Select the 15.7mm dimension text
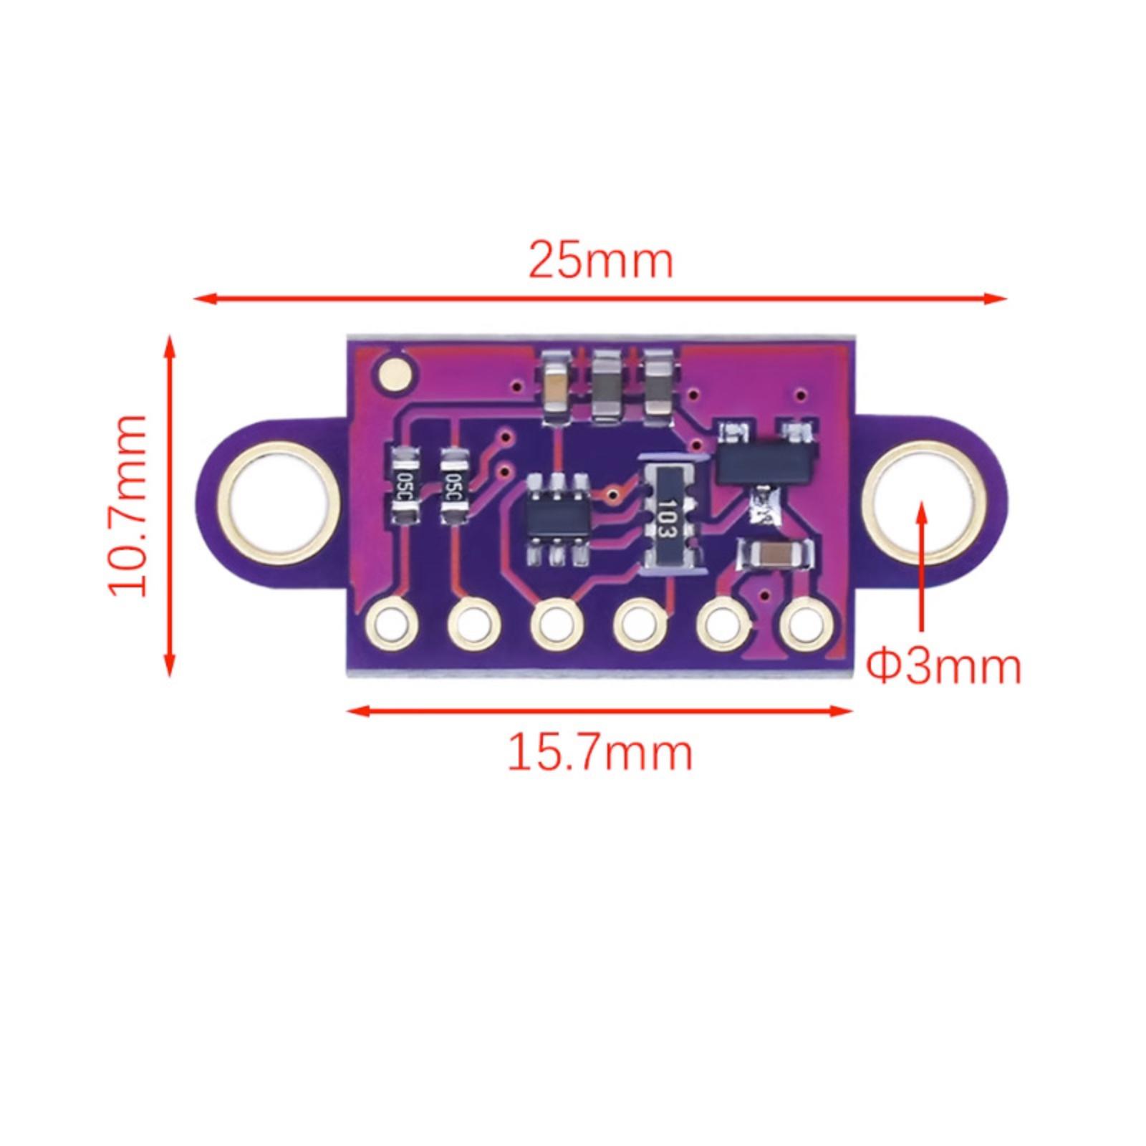(x=600, y=752)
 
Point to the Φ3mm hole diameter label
(x=944, y=666)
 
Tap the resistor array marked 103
(x=668, y=514)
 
